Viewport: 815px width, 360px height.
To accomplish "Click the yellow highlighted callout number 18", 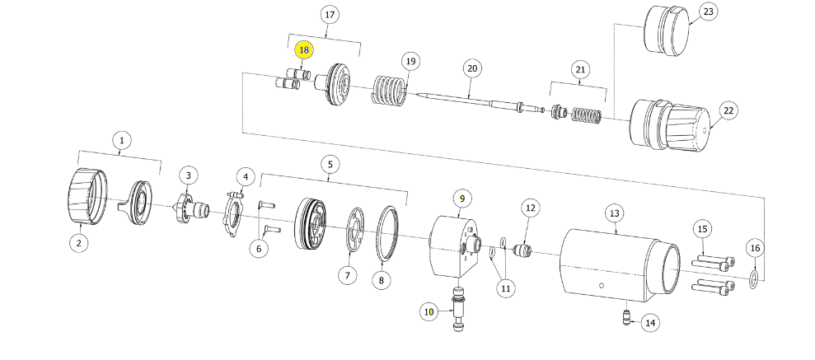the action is [x=304, y=50].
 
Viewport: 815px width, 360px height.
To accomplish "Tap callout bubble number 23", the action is [x=708, y=12].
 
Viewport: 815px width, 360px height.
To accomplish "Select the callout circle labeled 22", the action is [x=728, y=110].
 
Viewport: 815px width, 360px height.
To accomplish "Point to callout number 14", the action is [x=650, y=323].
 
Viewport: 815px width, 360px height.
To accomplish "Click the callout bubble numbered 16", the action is [x=755, y=248].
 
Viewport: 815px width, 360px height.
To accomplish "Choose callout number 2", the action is [x=79, y=242].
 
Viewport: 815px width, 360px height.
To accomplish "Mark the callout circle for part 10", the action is [x=429, y=311].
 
